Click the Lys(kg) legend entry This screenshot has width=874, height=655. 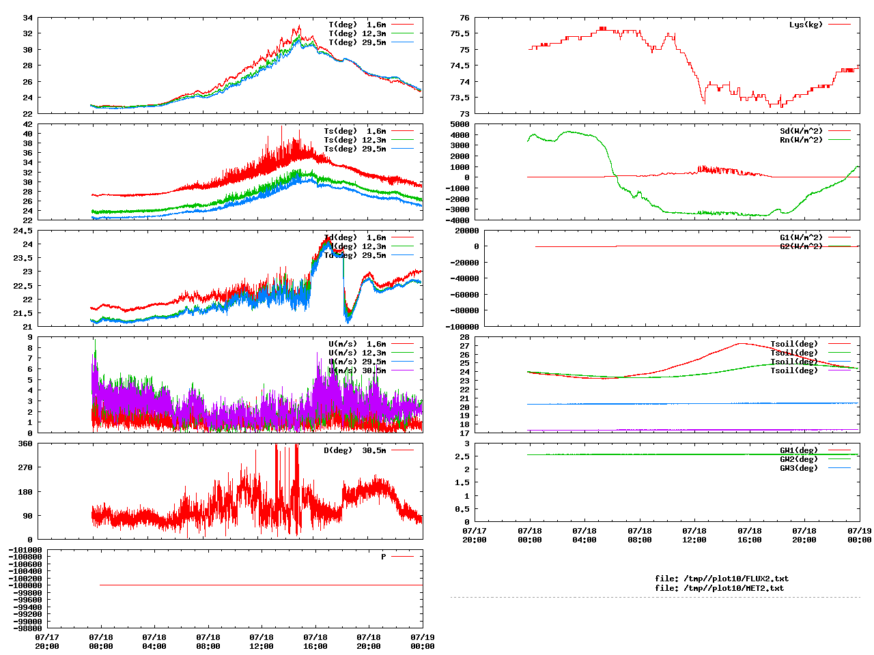[806, 25]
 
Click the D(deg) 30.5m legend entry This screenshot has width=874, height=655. [354, 450]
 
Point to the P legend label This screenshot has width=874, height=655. [384, 557]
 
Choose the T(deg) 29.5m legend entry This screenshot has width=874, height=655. [357, 42]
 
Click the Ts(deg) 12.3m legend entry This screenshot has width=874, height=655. [354, 140]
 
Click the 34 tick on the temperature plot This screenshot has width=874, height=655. [27, 18]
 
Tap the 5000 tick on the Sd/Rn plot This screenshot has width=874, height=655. [460, 124]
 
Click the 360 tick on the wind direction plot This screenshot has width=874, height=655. [25, 443]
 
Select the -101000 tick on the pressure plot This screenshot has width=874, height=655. [25, 550]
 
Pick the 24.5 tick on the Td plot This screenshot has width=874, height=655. [23, 231]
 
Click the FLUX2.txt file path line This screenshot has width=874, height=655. [722, 579]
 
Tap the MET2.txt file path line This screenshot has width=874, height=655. [719, 588]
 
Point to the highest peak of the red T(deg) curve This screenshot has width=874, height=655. [299, 26]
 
